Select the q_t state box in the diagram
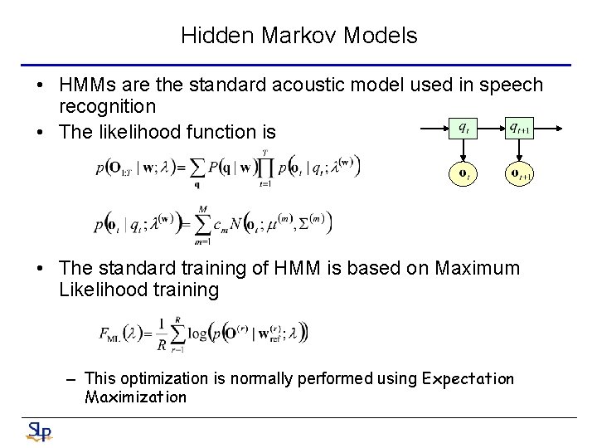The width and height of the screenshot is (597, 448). [x=464, y=129]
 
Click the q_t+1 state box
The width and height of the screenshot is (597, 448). [x=520, y=129]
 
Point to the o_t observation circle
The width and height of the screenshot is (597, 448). [x=464, y=174]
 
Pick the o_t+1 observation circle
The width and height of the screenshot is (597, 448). [x=520, y=174]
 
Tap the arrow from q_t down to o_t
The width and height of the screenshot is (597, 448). [x=464, y=151]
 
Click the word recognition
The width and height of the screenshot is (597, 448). [x=107, y=106]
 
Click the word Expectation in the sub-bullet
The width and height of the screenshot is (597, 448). [x=468, y=379]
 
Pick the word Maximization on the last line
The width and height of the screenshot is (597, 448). [x=136, y=397]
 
